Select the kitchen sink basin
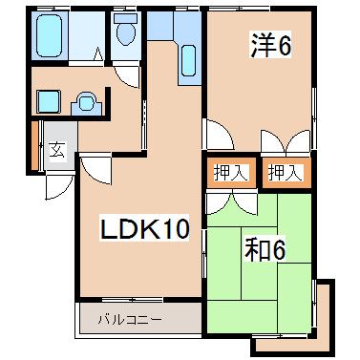pos(187,62)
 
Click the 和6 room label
pos(265,251)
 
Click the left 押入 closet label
pos(228,172)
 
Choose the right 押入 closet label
pos(284,172)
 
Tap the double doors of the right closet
pos(286,143)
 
